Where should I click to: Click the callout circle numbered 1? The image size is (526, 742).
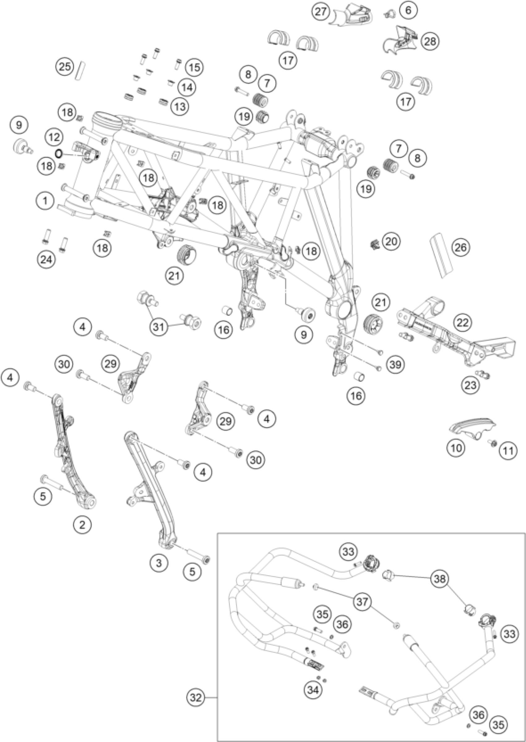[x=45, y=201]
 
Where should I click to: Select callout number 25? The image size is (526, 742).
[x=65, y=67]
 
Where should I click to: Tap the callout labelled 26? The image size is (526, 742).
[x=461, y=248]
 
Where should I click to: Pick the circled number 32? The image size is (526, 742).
[x=196, y=698]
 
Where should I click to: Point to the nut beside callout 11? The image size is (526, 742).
[x=493, y=443]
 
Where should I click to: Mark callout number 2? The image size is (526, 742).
[x=82, y=524]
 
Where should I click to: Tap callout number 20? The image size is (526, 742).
[x=391, y=241]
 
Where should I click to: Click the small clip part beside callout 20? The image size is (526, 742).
[x=375, y=243]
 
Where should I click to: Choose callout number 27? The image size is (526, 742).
[x=321, y=12]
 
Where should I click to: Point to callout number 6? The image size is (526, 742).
[x=408, y=10]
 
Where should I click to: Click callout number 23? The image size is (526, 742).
[x=471, y=385]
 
